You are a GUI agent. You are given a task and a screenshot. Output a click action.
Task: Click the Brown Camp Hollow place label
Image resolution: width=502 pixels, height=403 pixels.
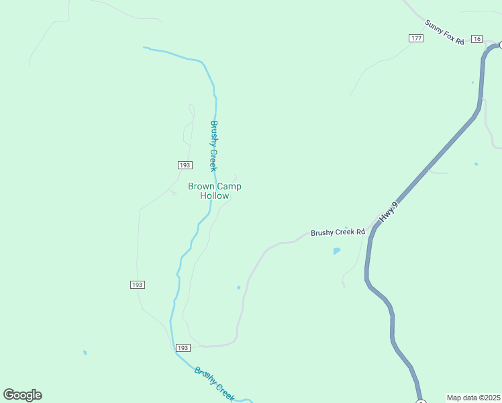pyautogui.click(x=215, y=191)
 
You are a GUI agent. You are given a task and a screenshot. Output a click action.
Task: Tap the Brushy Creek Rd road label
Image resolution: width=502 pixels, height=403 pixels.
pyautogui.click(x=338, y=232)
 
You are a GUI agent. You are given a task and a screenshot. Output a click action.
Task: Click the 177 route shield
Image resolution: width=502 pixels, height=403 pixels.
pyautogui.click(x=415, y=38)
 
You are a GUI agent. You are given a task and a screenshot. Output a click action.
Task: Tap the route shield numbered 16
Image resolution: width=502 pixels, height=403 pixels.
pyautogui.click(x=476, y=39)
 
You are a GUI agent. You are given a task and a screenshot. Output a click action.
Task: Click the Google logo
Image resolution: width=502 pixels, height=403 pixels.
pyautogui.click(x=22, y=395)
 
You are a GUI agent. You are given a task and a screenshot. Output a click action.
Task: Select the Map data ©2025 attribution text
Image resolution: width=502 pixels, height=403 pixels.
pyautogui.click(x=473, y=398)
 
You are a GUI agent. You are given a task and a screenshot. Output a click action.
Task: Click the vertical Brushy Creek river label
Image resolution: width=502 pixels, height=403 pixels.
pyautogui.click(x=213, y=146)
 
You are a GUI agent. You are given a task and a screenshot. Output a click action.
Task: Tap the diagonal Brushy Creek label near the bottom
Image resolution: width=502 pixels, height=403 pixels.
pyautogui.click(x=215, y=384)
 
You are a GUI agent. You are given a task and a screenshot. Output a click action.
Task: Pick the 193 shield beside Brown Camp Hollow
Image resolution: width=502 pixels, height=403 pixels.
pyautogui.click(x=185, y=165)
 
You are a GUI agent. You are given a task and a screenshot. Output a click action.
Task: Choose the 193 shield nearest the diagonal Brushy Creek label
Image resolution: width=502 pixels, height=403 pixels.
pyautogui.click(x=183, y=348)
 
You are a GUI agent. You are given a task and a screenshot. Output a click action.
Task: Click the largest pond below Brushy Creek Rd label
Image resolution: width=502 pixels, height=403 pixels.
pyautogui.click(x=336, y=251)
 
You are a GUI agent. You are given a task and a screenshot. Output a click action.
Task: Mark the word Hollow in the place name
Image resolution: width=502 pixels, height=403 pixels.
pyautogui.click(x=215, y=196)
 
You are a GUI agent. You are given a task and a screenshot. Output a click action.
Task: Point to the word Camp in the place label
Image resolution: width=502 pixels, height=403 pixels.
pyautogui.click(x=229, y=186)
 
